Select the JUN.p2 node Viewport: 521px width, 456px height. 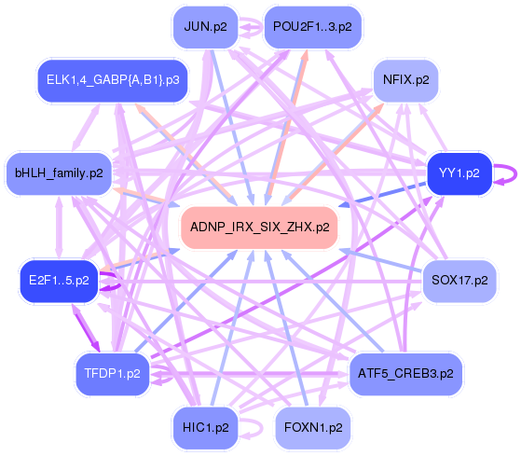204,27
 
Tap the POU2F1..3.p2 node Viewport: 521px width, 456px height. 313,27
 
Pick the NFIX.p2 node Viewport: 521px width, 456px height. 405,80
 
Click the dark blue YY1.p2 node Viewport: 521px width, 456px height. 459,173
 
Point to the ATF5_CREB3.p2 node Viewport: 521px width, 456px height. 405,373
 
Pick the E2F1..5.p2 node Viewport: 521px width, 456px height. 59,280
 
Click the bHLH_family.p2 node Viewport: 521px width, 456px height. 59,173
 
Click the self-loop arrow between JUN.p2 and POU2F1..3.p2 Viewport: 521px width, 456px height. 252,28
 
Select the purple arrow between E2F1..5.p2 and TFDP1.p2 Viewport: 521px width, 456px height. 82,326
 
